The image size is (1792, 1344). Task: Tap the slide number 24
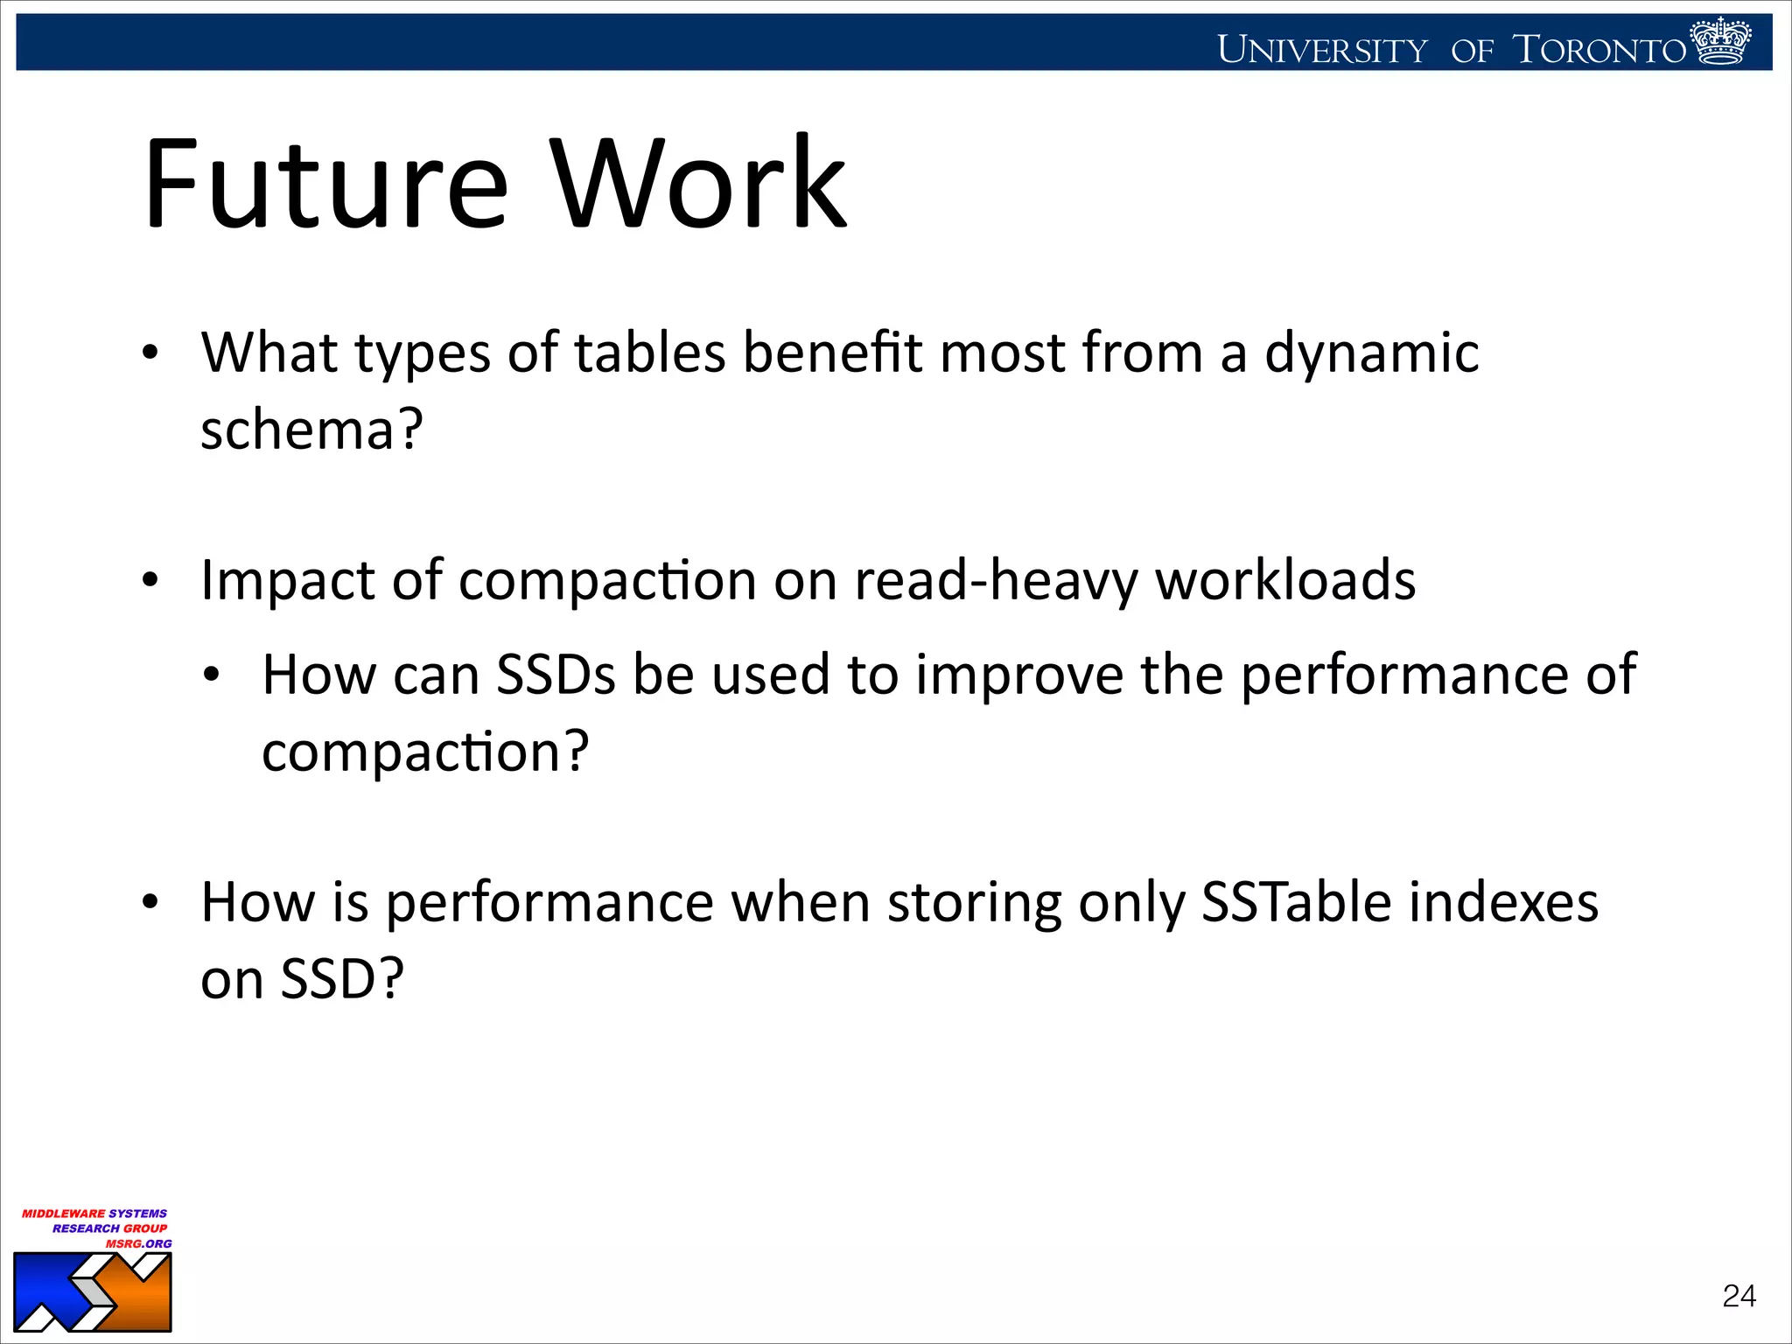tap(1739, 1296)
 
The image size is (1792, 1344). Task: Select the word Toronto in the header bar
tap(1599, 50)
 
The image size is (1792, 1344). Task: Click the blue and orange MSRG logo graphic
tap(93, 1292)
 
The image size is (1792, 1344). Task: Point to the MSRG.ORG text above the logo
tap(138, 1243)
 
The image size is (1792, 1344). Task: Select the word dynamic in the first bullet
tap(1371, 353)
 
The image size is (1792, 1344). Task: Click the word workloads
tap(1285, 581)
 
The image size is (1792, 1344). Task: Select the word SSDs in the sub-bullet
tap(556, 675)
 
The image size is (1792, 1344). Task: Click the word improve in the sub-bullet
tap(1019, 675)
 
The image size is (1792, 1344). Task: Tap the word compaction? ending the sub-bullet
tap(425, 752)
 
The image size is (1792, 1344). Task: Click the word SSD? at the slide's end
tap(341, 979)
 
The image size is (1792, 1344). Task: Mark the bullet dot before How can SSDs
tap(211, 676)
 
